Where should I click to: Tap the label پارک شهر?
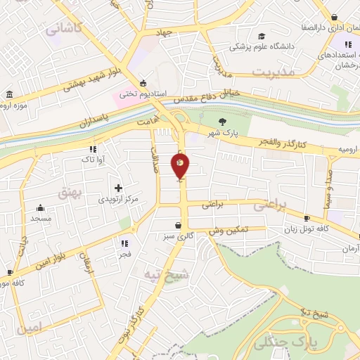(222, 132)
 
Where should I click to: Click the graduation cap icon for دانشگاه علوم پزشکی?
(262, 36)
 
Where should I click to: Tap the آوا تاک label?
(93, 160)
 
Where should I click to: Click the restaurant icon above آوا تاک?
(93, 149)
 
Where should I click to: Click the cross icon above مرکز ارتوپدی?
(118, 188)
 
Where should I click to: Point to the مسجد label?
(41, 218)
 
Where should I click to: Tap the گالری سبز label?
(180, 236)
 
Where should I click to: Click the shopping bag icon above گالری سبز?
(181, 225)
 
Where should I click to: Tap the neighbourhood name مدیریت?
(271, 72)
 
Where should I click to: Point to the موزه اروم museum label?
(11, 105)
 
